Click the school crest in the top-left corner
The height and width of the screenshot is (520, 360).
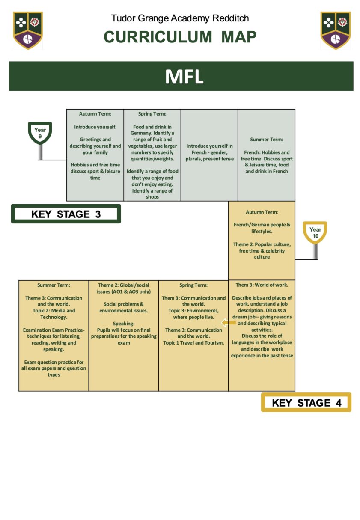28,30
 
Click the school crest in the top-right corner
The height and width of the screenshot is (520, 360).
335,30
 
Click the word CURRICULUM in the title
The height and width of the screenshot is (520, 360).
158,37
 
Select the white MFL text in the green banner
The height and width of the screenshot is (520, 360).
184,76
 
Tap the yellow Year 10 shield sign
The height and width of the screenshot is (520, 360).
315,232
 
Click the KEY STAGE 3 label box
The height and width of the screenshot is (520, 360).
66,214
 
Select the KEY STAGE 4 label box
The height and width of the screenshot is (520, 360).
306,402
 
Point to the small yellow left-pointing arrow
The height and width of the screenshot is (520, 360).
228,322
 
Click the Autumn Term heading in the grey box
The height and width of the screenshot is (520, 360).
95,114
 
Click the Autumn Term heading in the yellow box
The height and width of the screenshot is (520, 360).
262,212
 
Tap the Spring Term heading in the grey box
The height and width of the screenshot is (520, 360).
152,114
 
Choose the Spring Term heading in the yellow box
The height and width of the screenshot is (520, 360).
193,285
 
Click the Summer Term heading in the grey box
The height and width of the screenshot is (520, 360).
266,139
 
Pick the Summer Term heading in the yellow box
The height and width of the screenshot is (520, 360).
54,285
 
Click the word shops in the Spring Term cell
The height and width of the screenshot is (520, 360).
152,197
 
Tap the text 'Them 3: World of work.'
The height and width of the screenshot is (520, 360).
262,285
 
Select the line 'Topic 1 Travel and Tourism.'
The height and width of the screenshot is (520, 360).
193,343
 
